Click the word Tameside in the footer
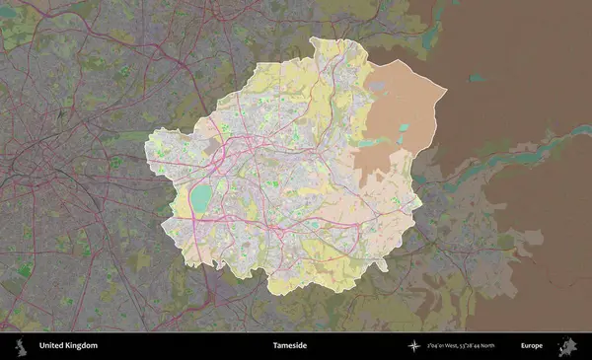pyautogui.click(x=290, y=346)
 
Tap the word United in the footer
pyautogui.click(x=52, y=346)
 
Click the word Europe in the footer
pyautogui.click(x=532, y=346)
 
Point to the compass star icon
pyautogui.click(x=415, y=346)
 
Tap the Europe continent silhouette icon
pyautogui.click(x=568, y=346)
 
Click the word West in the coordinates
pyautogui.click(x=455, y=346)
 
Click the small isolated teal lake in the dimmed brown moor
pyautogui.click(x=478, y=77)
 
